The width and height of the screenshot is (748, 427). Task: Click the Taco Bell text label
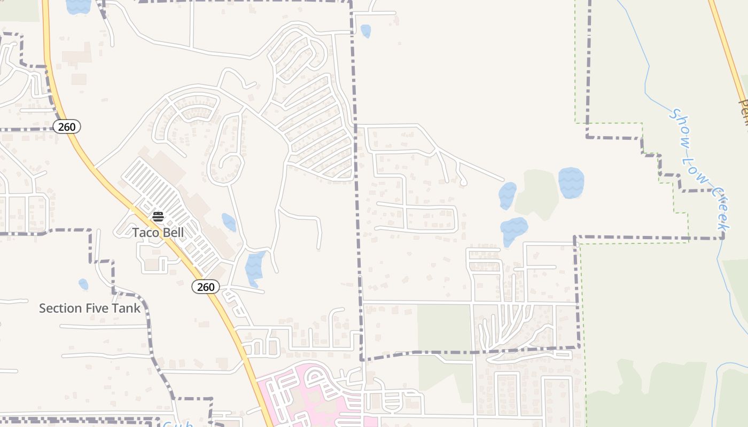tap(158, 233)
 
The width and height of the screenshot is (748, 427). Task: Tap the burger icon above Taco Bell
tap(158, 217)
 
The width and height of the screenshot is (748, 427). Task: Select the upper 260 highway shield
tap(67, 126)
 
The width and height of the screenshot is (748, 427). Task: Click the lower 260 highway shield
tap(206, 287)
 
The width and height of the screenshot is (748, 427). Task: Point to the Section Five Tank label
tap(90, 309)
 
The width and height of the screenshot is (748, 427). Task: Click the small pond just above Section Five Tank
tap(83, 284)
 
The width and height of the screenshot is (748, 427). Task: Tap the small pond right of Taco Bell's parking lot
tap(229, 222)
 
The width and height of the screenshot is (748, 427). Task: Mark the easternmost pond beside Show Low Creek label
tap(571, 183)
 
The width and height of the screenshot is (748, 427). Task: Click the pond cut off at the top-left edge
tap(78, 6)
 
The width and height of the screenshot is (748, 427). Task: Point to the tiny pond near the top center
tap(365, 31)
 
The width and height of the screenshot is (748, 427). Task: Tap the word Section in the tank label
tap(56, 309)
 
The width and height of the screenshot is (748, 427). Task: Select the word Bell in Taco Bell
tap(173, 233)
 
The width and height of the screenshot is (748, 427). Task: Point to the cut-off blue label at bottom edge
tap(177, 424)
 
